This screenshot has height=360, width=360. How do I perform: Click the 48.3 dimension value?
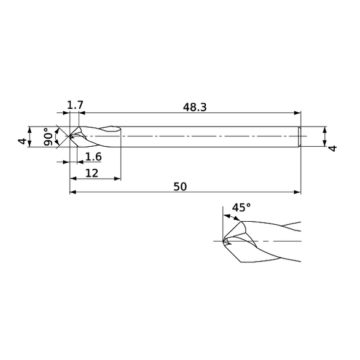point(195,107)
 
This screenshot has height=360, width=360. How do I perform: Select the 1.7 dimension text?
point(75,106)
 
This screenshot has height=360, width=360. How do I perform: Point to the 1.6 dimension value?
point(93,156)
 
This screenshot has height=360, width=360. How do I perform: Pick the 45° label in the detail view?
point(241,208)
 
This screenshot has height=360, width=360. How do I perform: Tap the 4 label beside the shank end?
point(332,149)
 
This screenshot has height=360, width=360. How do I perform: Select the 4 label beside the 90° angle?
point(23,141)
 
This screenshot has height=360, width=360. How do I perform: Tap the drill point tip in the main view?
point(69,136)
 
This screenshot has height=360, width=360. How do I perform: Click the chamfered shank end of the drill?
point(299,136)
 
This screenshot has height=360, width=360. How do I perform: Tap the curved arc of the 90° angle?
point(57,136)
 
